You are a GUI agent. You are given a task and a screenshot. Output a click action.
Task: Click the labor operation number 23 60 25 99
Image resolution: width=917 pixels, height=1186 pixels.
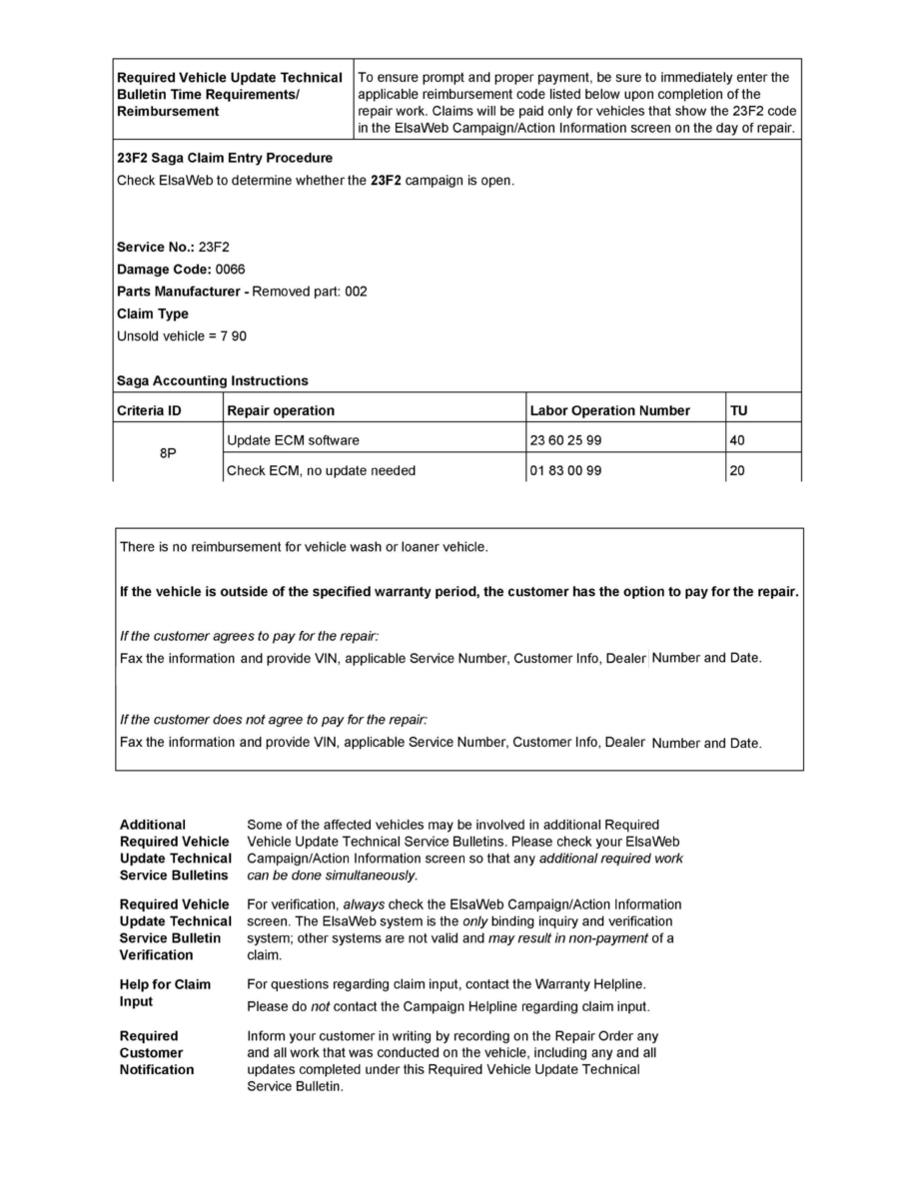(x=566, y=440)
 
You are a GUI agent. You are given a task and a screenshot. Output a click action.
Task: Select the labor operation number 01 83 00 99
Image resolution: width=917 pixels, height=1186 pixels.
(x=566, y=470)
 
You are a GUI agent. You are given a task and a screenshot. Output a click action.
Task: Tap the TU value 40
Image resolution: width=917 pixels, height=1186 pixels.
(x=737, y=440)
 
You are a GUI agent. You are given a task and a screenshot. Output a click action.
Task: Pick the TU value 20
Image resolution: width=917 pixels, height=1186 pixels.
(x=737, y=470)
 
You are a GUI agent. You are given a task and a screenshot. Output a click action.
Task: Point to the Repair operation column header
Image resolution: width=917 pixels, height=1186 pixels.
(x=282, y=410)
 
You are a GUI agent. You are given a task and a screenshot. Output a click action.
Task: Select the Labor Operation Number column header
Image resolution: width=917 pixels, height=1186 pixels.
(x=609, y=410)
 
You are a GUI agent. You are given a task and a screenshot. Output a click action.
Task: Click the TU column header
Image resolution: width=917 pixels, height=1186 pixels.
(x=739, y=410)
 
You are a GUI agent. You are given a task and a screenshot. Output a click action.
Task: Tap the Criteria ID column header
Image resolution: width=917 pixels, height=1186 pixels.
(x=151, y=410)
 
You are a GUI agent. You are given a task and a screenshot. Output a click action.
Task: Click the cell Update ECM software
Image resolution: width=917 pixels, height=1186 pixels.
(x=294, y=440)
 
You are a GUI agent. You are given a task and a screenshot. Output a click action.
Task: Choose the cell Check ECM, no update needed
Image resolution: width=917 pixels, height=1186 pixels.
(x=322, y=470)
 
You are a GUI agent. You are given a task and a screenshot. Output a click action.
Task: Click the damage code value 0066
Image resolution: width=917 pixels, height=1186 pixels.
(x=230, y=270)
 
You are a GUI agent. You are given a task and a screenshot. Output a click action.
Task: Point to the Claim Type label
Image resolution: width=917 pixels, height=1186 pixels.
(x=153, y=313)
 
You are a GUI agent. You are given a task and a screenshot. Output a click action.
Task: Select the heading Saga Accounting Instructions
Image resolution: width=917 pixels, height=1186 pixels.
(x=213, y=380)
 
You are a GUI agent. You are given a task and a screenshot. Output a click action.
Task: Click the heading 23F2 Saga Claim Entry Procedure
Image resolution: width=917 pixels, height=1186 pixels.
(x=225, y=158)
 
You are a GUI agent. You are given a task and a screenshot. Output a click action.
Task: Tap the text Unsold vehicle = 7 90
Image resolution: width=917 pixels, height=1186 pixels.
(x=182, y=335)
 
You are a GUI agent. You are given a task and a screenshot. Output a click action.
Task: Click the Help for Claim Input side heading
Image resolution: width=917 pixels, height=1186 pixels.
(x=165, y=992)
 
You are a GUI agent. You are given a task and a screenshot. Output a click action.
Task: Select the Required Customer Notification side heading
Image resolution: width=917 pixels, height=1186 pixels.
(x=157, y=1052)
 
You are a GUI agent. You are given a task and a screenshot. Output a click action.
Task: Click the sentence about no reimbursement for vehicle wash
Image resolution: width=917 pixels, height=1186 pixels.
(x=304, y=546)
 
